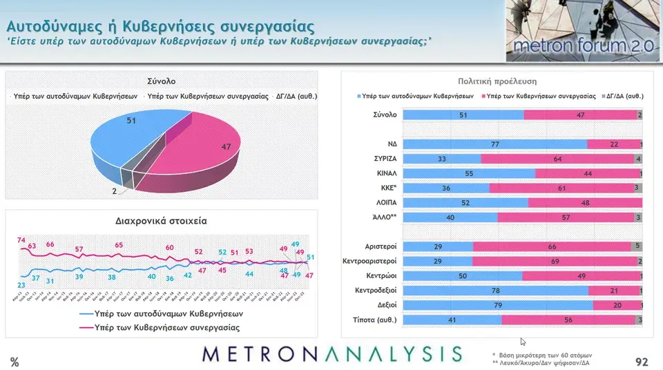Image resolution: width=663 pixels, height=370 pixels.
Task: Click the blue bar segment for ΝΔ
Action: (x=494, y=144)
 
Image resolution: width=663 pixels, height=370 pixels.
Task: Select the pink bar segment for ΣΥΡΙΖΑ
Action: (x=557, y=158)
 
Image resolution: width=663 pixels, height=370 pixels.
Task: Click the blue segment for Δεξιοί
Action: (x=498, y=304)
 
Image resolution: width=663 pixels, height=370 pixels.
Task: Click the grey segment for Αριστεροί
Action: (x=637, y=246)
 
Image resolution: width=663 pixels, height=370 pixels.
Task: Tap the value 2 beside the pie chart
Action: (x=115, y=191)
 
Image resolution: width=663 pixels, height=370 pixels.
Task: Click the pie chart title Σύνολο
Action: (x=161, y=81)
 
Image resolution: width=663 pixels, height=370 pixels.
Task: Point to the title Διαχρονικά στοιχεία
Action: (x=161, y=222)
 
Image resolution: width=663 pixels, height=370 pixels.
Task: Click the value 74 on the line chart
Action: (x=21, y=240)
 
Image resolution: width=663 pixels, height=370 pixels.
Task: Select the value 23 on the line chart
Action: (x=21, y=284)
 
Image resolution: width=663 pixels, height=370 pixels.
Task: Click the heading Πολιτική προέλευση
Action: (x=492, y=81)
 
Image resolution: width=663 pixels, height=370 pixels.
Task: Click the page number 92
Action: (x=642, y=362)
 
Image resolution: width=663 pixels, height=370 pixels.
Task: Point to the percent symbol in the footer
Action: (x=15, y=362)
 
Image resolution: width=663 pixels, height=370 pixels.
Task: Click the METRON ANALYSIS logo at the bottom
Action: (x=332, y=354)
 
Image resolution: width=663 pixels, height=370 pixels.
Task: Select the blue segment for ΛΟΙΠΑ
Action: (x=465, y=203)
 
